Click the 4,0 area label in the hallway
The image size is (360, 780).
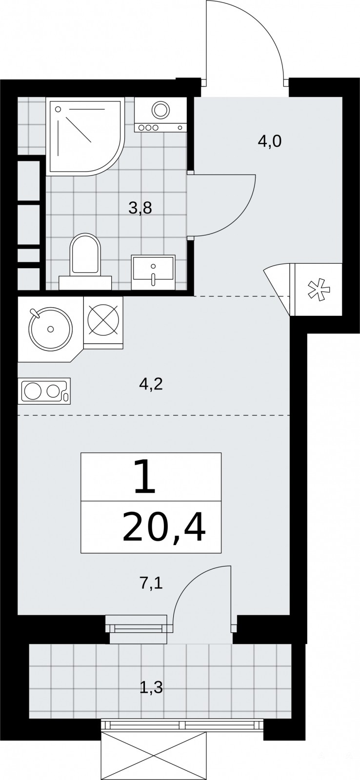(269, 142)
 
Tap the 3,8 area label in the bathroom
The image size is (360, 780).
(140, 209)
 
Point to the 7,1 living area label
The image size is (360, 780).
(151, 583)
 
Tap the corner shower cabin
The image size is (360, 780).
(85, 136)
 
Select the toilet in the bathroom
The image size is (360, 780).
(85, 262)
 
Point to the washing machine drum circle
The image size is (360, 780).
(160, 109)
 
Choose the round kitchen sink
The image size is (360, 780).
(51, 329)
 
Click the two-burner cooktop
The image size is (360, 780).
(44, 391)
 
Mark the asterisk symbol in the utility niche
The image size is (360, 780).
(319, 290)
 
